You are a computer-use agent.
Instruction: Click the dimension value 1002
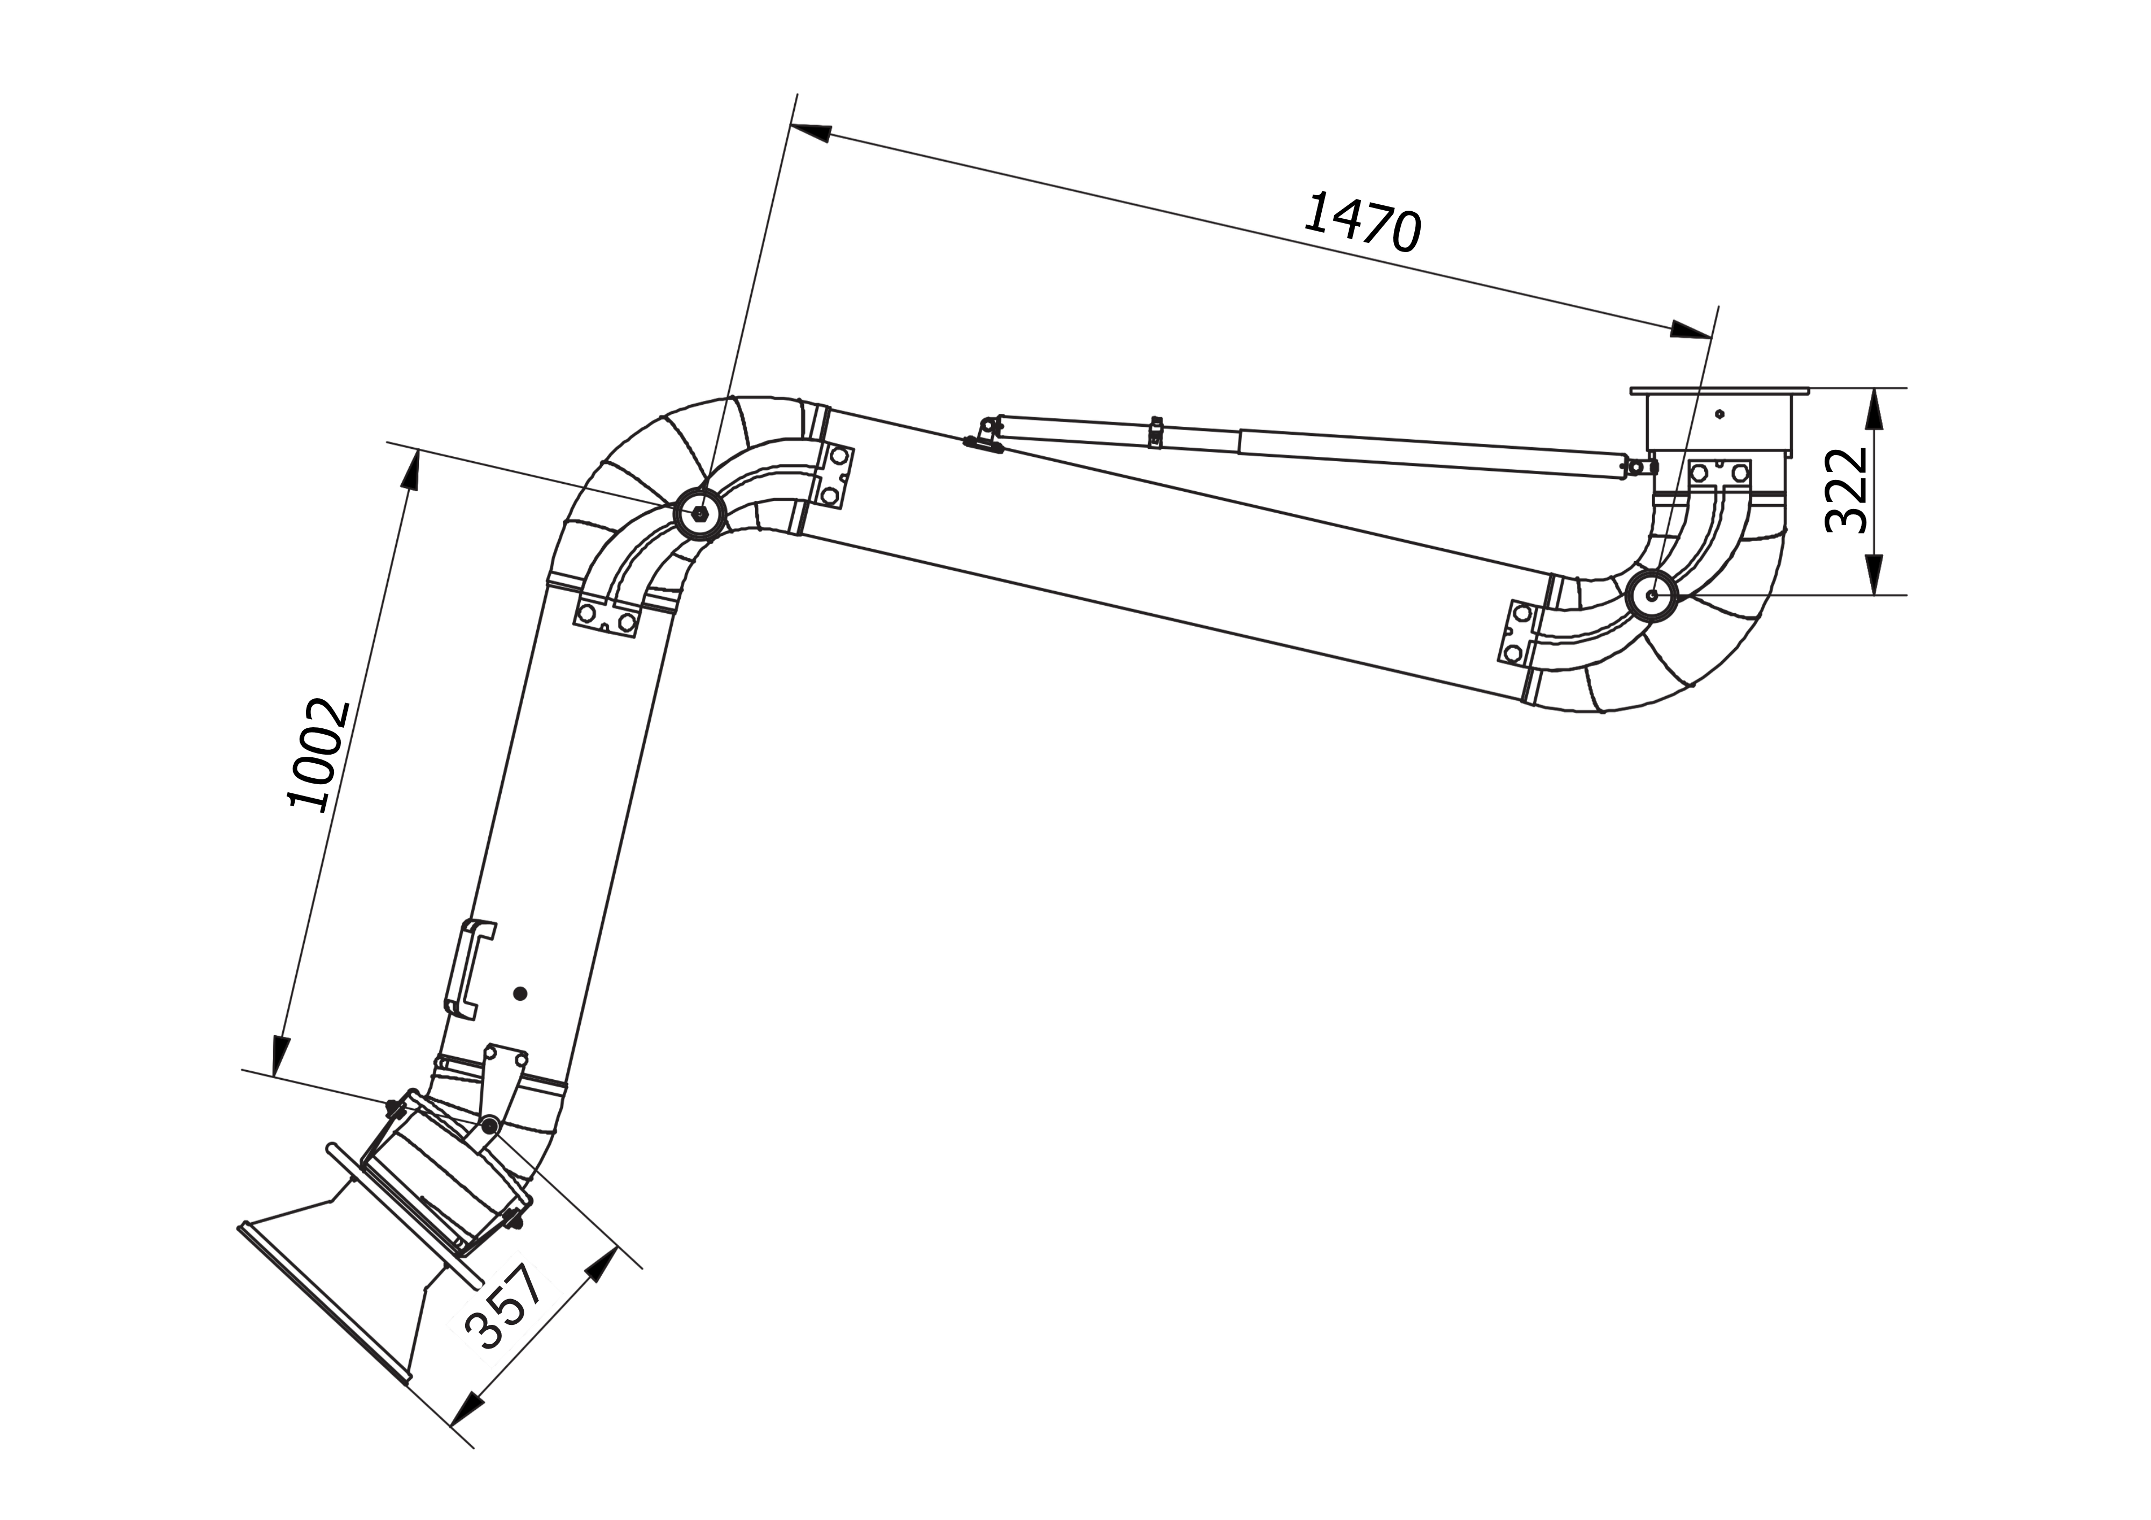point(318,754)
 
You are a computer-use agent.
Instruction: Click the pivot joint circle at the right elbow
point(1651,594)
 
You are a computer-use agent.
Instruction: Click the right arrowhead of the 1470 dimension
point(1691,329)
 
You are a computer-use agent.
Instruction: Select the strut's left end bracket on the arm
point(984,435)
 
